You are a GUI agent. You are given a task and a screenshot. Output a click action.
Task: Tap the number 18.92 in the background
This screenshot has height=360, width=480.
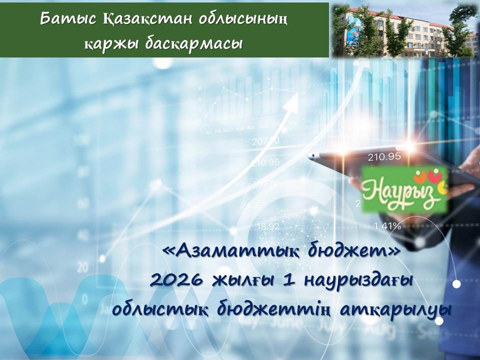(268, 226)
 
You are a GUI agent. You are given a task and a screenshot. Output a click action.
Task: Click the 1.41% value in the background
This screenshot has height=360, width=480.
(387, 226)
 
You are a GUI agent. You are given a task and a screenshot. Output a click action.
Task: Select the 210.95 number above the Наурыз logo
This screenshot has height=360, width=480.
(384, 156)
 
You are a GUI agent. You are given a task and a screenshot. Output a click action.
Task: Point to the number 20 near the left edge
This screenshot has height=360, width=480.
(83, 265)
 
